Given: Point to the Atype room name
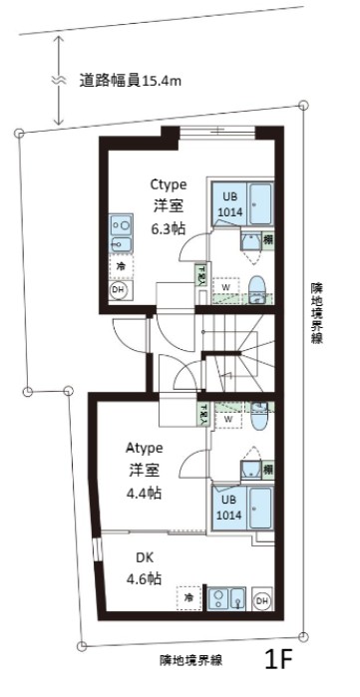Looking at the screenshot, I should pyautogui.click(x=145, y=449).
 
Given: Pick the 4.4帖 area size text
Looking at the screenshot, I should pyautogui.click(x=145, y=494).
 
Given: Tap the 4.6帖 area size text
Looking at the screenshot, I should pyautogui.click(x=144, y=580).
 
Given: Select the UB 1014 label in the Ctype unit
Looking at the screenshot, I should pyautogui.click(x=228, y=203).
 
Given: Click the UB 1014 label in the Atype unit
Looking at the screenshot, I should pyautogui.click(x=228, y=508).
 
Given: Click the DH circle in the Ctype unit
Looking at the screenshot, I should pyautogui.click(x=118, y=290).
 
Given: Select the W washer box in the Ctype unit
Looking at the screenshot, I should pyautogui.click(x=225, y=287).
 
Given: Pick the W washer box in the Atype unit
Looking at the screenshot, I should pyautogui.click(x=227, y=420).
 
